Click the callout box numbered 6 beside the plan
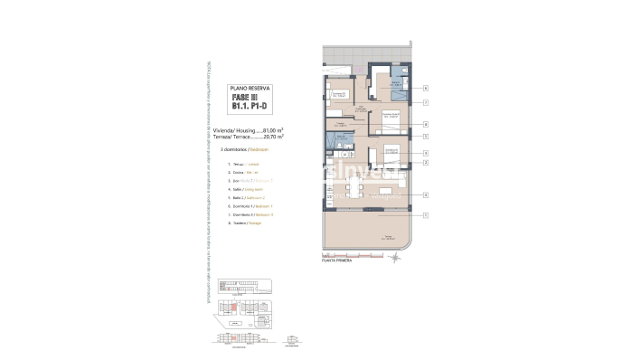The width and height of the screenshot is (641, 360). [424, 125]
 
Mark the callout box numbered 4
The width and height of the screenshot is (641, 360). [424, 194]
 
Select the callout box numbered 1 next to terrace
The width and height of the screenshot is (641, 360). [424, 214]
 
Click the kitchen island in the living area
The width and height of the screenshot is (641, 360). [387, 191]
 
